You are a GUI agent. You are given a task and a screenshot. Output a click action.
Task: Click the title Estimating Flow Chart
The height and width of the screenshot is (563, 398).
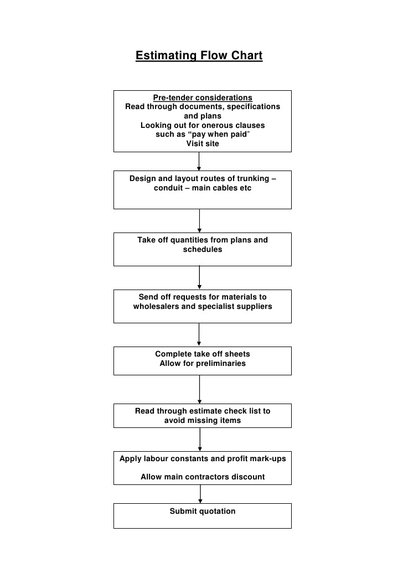click(x=199, y=56)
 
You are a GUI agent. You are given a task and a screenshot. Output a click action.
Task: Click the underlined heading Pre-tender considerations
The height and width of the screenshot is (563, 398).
click(x=203, y=97)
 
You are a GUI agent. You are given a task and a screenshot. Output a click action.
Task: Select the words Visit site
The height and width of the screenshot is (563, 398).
click(x=203, y=144)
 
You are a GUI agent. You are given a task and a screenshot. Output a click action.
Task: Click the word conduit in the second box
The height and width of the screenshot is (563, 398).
click(x=170, y=188)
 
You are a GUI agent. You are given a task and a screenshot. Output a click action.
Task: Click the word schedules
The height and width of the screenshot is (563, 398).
click(x=203, y=250)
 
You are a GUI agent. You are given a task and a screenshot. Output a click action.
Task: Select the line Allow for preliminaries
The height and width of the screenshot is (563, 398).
click(x=203, y=364)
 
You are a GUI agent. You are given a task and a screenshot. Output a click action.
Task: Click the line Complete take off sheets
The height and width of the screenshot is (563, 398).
click(x=203, y=354)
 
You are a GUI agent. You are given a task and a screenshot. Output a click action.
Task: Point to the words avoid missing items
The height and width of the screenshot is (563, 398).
click(x=203, y=421)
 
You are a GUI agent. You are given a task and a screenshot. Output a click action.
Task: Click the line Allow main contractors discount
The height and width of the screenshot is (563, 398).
click(x=203, y=477)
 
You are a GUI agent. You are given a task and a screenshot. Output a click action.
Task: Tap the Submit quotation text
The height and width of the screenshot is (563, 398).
click(x=203, y=512)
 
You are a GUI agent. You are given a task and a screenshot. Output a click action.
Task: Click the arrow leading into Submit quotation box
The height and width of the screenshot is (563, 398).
click(x=200, y=494)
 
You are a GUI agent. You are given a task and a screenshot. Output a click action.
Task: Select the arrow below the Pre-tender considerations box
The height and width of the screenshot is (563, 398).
click(x=199, y=161)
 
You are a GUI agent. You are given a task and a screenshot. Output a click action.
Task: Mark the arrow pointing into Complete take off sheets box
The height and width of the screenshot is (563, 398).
click(x=199, y=335)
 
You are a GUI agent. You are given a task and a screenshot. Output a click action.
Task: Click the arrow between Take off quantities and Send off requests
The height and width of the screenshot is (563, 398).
click(x=199, y=277)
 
